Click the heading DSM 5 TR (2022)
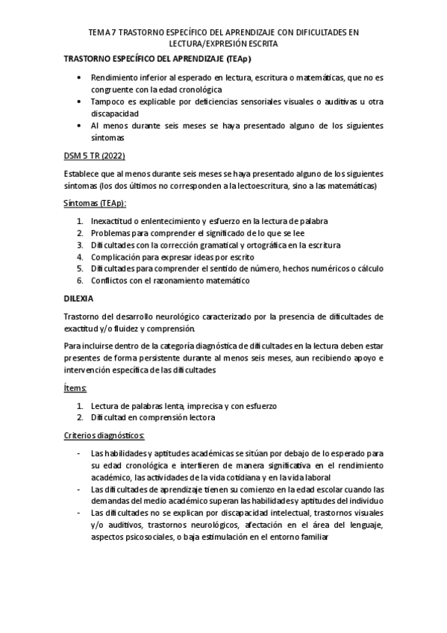(x=95, y=156)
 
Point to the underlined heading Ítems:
(x=75, y=388)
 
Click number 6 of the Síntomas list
(x=80, y=280)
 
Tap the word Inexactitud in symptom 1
(x=115, y=222)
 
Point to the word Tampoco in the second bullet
(x=108, y=101)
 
